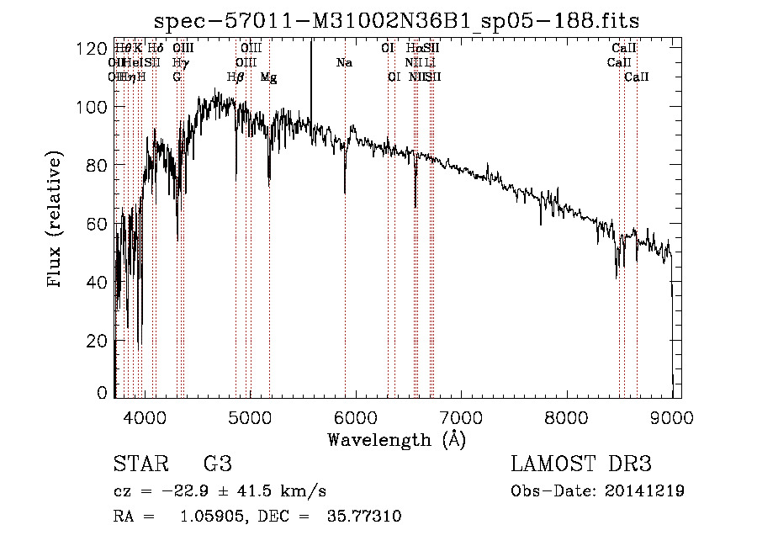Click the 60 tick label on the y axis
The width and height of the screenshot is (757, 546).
click(95, 224)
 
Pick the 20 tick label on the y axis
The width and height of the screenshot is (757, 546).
click(95, 341)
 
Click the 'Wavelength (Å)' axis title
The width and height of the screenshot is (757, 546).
click(396, 439)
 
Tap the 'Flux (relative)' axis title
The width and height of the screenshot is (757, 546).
click(56, 221)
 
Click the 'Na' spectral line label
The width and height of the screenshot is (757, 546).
click(344, 63)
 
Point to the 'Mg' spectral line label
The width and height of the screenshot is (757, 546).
click(268, 77)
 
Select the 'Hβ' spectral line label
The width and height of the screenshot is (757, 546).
click(236, 77)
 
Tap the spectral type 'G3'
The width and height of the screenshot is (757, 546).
click(217, 464)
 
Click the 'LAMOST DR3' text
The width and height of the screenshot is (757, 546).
click(581, 464)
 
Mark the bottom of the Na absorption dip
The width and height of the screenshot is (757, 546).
click(345, 193)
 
